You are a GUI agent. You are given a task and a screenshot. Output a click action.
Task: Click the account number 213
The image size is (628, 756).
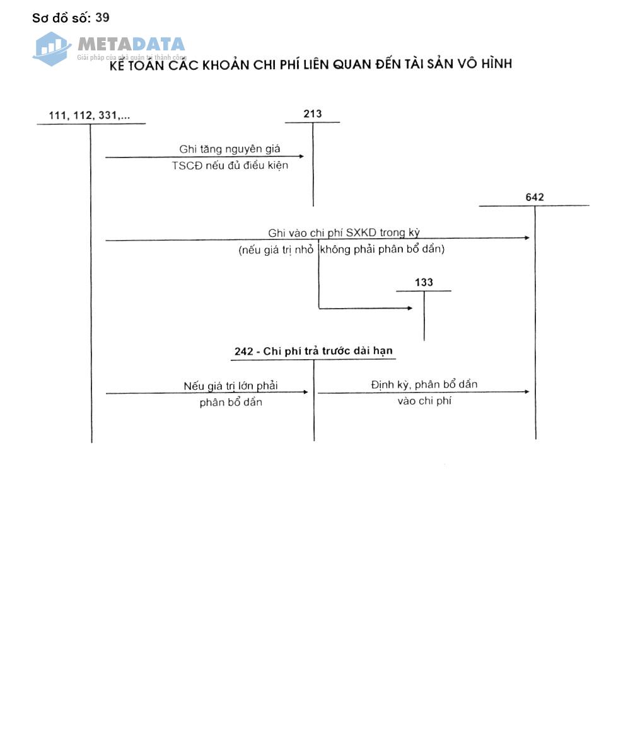tap(312, 114)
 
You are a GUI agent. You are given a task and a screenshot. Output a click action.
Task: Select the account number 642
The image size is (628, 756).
tap(534, 197)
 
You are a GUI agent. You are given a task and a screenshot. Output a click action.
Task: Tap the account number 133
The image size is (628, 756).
tap(424, 282)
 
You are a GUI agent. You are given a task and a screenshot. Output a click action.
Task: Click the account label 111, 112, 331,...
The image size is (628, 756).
tap(89, 115)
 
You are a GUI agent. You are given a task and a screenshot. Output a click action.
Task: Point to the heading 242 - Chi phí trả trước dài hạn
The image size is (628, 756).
tap(313, 351)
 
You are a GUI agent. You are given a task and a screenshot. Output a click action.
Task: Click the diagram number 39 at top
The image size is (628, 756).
tap(102, 17)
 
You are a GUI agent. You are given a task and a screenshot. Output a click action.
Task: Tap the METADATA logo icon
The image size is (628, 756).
tap(52, 48)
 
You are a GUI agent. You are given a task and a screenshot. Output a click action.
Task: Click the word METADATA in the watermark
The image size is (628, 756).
tap(131, 44)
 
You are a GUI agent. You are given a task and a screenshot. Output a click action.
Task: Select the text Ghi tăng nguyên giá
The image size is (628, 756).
tap(230, 149)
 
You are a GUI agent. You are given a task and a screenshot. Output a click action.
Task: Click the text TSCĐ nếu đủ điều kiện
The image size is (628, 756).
tap(230, 166)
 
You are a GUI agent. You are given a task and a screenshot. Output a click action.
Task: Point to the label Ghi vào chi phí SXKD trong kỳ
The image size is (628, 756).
tap(344, 232)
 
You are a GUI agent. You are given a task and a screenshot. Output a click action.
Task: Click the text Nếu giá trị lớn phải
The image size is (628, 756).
tap(230, 386)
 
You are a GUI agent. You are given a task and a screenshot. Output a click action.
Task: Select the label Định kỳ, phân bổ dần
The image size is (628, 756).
tap(424, 384)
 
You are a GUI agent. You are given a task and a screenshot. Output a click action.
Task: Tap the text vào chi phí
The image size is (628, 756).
tap(424, 401)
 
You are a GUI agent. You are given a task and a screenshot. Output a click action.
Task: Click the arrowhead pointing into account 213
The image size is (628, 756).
tap(301, 156)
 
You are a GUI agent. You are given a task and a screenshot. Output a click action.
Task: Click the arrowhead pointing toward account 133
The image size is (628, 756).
tap(410, 308)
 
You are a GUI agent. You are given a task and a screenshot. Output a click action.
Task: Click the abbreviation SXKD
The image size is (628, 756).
tap(361, 232)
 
